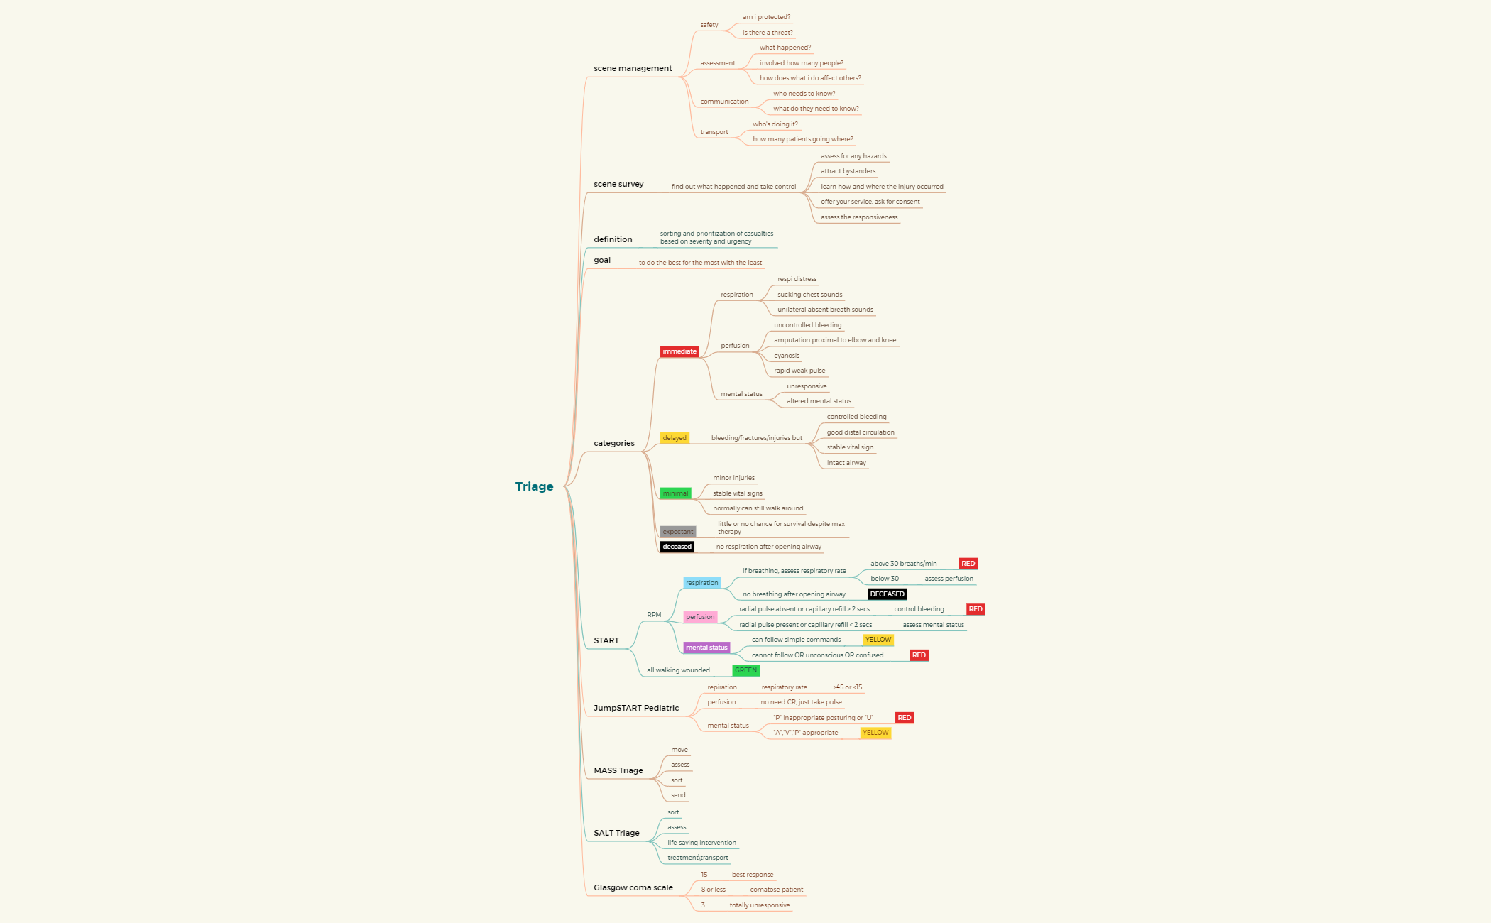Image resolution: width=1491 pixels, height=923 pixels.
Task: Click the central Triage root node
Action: click(x=534, y=486)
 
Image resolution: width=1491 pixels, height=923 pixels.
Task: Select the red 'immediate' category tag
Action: click(x=679, y=351)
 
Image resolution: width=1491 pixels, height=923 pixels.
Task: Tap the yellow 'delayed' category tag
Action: click(x=674, y=438)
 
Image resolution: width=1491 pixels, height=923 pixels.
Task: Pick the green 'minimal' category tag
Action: click(x=675, y=493)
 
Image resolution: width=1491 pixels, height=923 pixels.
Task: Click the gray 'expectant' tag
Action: click(x=678, y=532)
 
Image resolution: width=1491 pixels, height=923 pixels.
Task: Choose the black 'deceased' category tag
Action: click(x=677, y=547)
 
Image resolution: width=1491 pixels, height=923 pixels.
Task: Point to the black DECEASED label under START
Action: click(x=887, y=594)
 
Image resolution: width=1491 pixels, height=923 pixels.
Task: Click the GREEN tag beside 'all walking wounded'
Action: click(x=745, y=670)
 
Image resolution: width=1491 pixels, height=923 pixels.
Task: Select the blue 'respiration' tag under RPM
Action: click(x=701, y=583)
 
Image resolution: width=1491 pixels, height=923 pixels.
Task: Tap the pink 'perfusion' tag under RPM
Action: click(x=700, y=617)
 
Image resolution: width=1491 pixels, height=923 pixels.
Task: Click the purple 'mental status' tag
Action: click(x=706, y=648)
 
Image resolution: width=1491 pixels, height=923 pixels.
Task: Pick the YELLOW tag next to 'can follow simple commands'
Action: click(x=878, y=640)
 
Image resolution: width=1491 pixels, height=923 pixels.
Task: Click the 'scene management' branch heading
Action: click(x=633, y=69)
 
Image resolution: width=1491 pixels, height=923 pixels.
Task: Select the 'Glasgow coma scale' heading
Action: click(x=633, y=887)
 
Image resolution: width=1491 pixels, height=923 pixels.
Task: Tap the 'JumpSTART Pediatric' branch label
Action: click(x=636, y=708)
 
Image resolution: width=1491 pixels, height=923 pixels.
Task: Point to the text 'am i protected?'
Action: click(x=766, y=17)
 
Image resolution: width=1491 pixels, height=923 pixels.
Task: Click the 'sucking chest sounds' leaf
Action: click(x=809, y=295)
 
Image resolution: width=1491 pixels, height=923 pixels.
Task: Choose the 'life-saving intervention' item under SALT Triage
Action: click(x=701, y=843)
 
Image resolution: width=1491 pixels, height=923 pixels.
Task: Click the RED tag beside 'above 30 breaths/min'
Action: click(x=968, y=564)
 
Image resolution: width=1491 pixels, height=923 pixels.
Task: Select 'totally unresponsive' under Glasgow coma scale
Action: click(x=759, y=905)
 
